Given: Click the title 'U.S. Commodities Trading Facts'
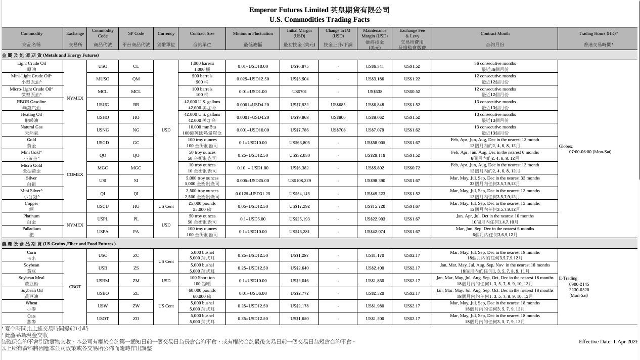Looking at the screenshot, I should click(x=319, y=20).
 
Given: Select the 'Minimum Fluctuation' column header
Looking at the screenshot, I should click(x=253, y=34).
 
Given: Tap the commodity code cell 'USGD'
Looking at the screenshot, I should click(x=103, y=143).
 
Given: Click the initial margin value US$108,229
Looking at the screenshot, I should click(x=299, y=181).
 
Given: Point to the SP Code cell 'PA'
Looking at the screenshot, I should click(x=136, y=232).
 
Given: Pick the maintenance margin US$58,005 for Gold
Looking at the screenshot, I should click(x=375, y=143).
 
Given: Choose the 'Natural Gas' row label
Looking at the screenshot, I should click(x=31, y=127).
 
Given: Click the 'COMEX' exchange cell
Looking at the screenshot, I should click(x=75, y=174).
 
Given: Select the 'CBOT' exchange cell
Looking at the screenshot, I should click(x=75, y=287).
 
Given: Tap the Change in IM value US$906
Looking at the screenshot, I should click(x=338, y=117).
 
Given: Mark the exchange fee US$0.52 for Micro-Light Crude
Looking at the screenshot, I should click(x=412, y=92).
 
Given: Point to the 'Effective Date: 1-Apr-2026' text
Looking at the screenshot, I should click(x=608, y=342).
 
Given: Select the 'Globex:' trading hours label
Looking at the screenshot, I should click(x=566, y=146).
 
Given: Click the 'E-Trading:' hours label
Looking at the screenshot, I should click(x=569, y=278).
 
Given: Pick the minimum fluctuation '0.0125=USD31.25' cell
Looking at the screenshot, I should click(x=253, y=194).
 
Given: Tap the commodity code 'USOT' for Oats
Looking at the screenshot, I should click(x=103, y=319).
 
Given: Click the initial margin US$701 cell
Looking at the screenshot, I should click(x=299, y=92).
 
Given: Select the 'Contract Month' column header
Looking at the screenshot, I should click(x=494, y=34).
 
